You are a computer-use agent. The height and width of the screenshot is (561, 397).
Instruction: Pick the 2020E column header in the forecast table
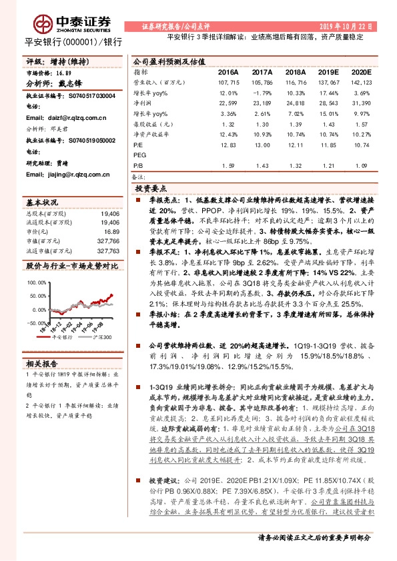(361, 71)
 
